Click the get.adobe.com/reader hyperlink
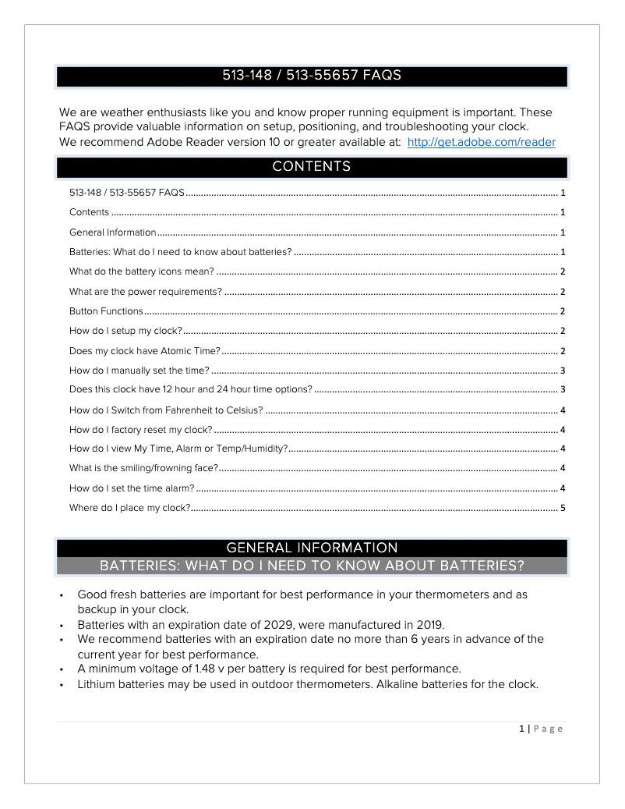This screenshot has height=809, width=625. [481, 142]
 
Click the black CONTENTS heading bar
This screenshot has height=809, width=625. [312, 167]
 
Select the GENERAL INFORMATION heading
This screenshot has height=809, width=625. [312, 548]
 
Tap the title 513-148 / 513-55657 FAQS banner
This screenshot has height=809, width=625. [312, 76]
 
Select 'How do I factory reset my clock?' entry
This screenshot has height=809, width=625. [140, 430]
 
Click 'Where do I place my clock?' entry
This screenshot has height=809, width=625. [129, 508]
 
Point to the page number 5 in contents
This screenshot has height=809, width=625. [562, 508]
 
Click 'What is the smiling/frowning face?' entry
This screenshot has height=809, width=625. [143, 468]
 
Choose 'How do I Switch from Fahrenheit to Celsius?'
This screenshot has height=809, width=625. [166, 410]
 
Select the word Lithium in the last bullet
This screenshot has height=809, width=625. [97, 684]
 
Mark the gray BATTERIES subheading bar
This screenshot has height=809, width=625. [312, 565]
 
